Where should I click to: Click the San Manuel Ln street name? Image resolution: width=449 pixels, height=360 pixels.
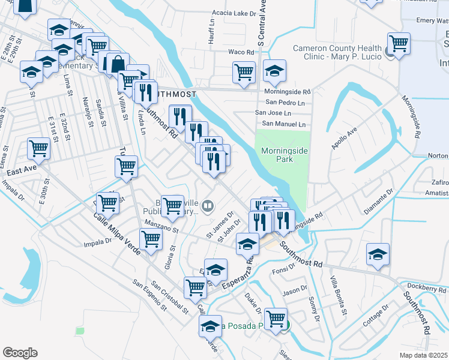pyautogui.click(x=280, y=124)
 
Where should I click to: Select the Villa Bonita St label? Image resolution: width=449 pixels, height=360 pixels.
pyautogui.click(x=338, y=295)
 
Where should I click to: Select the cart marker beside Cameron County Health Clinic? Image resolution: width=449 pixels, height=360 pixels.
pyautogui.click(x=399, y=43)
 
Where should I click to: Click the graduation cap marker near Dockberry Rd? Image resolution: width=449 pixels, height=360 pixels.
pyautogui.click(x=378, y=254)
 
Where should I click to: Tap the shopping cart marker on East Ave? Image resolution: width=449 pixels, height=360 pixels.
pyautogui.click(x=38, y=148)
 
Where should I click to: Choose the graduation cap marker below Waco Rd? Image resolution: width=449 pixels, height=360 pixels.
pyautogui.click(x=274, y=71)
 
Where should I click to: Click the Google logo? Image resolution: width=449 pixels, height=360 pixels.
pyautogui.click(x=20, y=353)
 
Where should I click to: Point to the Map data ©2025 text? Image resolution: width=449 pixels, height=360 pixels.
pyautogui.click(x=423, y=355)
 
